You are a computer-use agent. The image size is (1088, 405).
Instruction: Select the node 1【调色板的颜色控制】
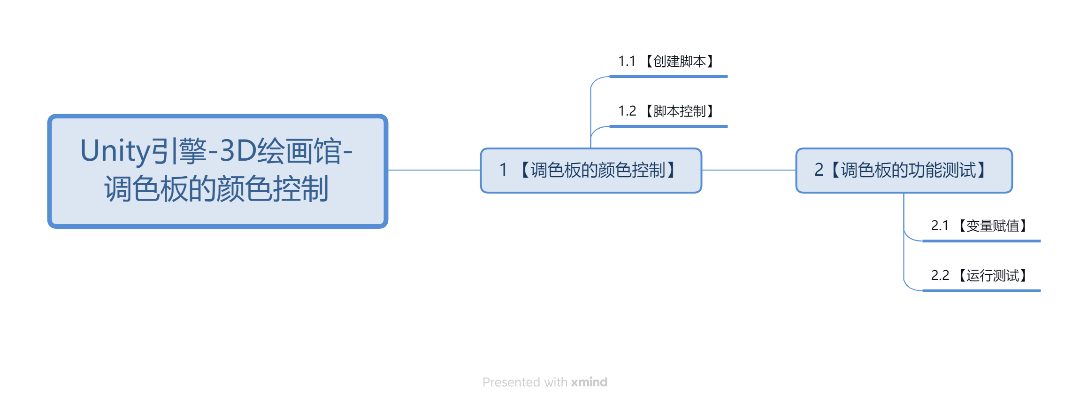(591, 171)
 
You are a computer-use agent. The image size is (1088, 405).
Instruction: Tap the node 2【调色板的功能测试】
(904, 171)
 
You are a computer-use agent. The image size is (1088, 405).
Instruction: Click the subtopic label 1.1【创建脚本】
(667, 61)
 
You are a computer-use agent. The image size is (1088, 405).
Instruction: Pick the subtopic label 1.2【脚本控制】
(667, 111)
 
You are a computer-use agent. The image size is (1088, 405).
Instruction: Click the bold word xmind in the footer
(589, 382)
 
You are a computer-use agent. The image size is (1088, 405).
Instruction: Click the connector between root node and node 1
(434, 170)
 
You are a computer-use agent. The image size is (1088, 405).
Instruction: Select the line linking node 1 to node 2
(749, 170)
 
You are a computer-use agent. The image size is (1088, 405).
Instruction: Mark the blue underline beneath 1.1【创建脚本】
(668, 77)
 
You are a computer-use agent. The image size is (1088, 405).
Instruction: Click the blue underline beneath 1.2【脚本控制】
(668, 126)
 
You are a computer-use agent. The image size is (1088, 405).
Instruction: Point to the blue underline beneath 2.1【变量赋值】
(981, 241)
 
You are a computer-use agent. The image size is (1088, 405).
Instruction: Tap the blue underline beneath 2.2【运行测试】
(981, 291)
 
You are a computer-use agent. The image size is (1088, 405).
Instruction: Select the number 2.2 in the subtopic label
(940, 275)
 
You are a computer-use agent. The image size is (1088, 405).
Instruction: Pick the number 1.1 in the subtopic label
(627, 61)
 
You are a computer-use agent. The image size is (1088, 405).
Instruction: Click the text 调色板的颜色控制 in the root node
(216, 189)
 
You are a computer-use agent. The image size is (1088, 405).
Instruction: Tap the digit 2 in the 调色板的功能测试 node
(819, 170)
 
